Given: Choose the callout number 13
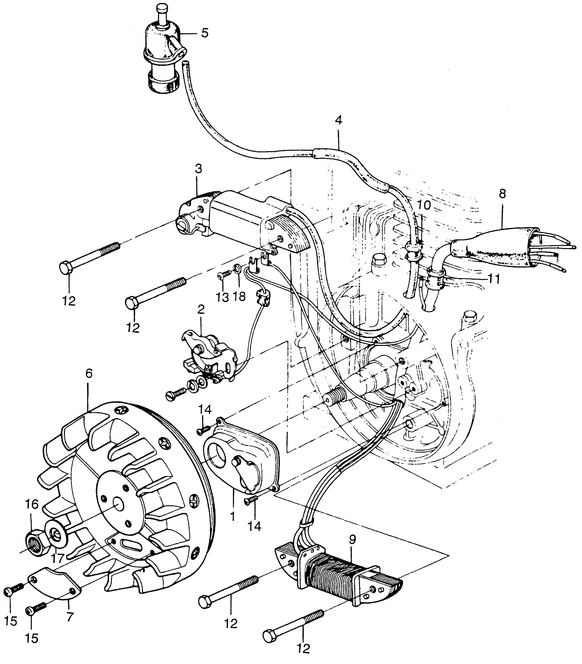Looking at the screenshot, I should coord(223,297).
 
